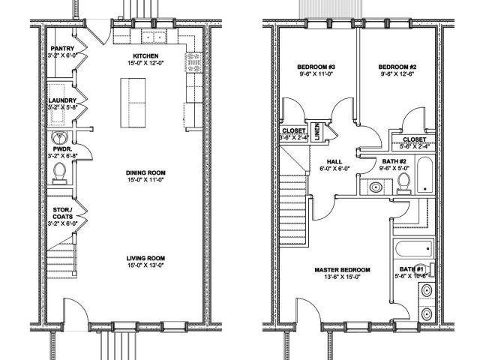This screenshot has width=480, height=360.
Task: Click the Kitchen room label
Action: tap(145, 55)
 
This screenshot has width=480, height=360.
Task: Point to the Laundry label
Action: tap(60, 100)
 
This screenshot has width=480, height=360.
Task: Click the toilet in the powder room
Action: tap(60, 172)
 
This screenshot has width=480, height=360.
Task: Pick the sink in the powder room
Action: tap(58, 139)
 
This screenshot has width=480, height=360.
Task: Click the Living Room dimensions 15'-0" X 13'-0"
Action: tap(145, 264)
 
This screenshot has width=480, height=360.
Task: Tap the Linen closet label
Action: tap(318, 130)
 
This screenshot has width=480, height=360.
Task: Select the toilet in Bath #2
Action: tap(403, 184)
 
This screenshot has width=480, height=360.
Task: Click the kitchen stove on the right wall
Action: tap(194, 61)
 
